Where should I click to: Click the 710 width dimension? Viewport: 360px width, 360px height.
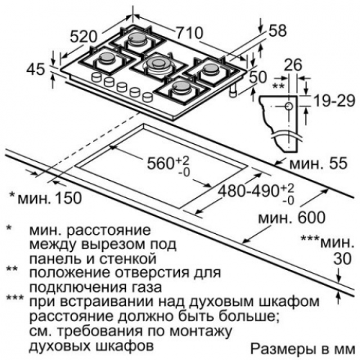[x=189, y=33]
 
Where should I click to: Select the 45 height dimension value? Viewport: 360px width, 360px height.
[x=35, y=69]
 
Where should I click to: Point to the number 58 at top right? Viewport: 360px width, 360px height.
[x=278, y=31]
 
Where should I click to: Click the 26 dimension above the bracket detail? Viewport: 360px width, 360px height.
[x=293, y=65]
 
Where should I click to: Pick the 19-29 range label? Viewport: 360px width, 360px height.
[x=334, y=101]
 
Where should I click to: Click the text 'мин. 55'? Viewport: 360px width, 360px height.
[x=318, y=163]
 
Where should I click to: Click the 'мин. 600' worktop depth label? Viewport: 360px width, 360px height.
[x=292, y=218]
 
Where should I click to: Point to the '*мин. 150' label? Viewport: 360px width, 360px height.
[x=45, y=198]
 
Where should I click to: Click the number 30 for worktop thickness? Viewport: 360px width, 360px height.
[x=343, y=258]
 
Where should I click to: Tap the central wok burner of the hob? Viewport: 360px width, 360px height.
[x=157, y=64]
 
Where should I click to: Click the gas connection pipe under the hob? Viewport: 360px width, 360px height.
[x=233, y=91]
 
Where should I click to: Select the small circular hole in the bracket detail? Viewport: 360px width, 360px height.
[x=289, y=106]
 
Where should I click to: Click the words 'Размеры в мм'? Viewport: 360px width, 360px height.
[x=303, y=349]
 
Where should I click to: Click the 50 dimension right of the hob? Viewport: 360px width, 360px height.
[x=258, y=77]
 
